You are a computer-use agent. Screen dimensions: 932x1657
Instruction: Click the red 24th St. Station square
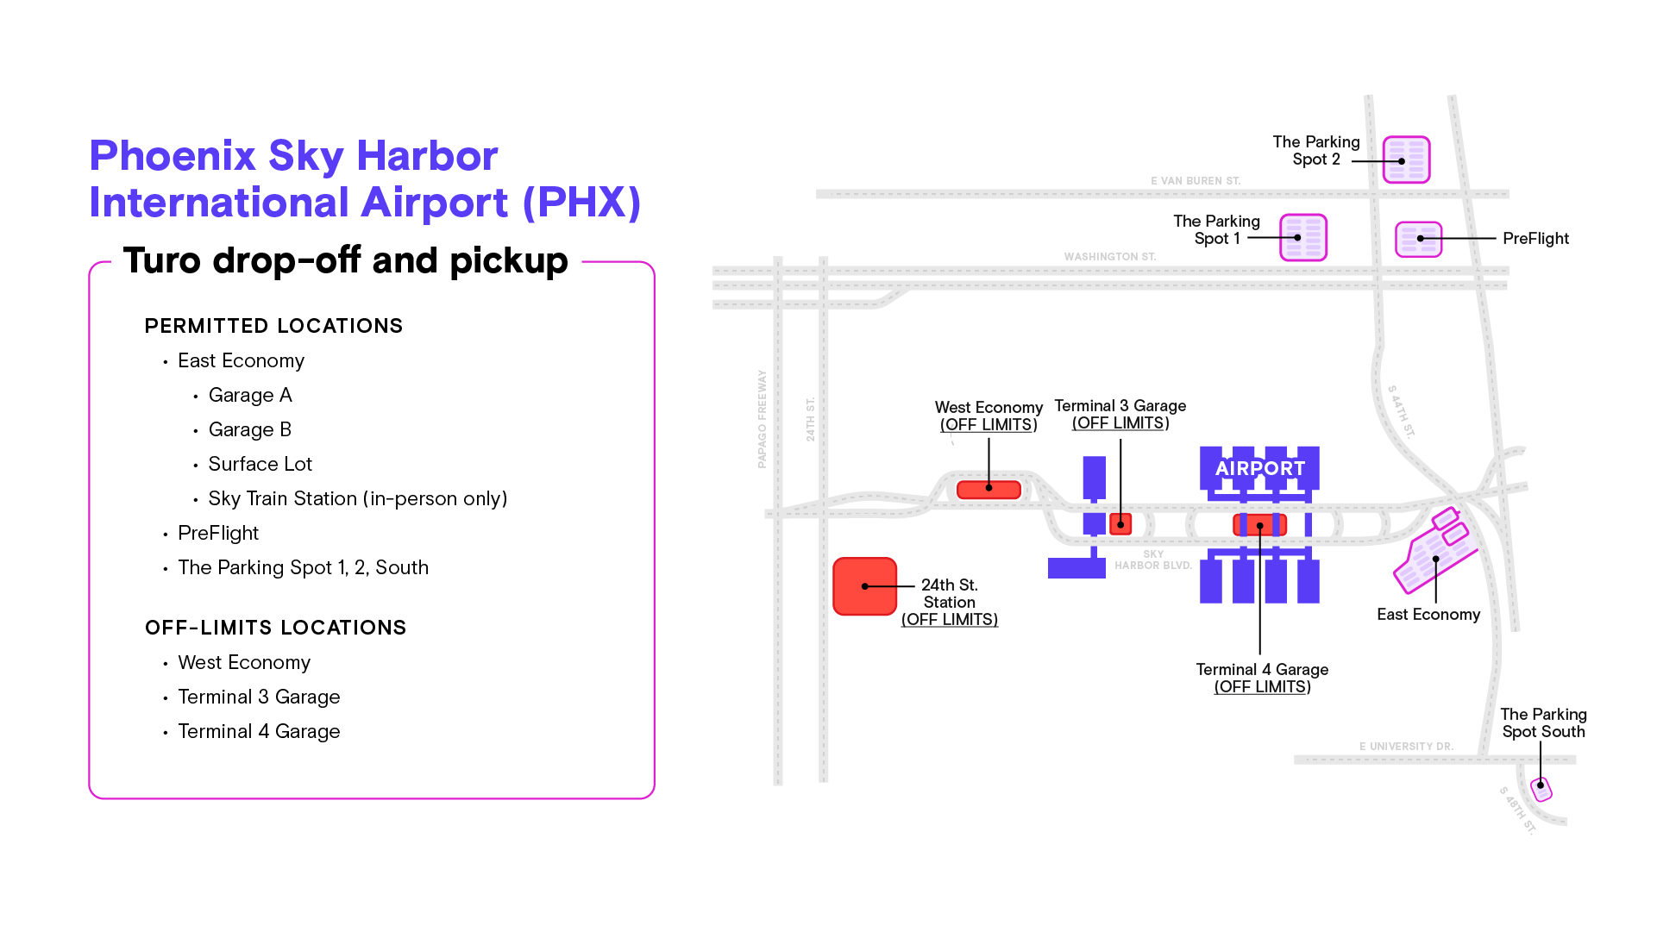pos(864,586)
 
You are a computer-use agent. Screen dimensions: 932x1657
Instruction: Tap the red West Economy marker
pos(989,490)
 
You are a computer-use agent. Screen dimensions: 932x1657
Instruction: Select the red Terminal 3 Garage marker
pos(1120,523)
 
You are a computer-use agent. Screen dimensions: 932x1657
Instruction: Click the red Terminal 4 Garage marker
pos(1259,524)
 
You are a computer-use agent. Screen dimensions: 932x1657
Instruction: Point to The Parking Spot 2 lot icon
pos(1406,160)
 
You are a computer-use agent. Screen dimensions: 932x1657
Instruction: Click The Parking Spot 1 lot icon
pos(1302,237)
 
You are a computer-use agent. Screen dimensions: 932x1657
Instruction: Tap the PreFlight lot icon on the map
pos(1418,239)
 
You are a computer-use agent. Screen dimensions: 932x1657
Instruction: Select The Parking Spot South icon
pos(1541,788)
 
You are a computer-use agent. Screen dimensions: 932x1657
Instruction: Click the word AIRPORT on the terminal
pos(1259,468)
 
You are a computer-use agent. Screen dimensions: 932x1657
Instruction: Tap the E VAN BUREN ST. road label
pos(1195,181)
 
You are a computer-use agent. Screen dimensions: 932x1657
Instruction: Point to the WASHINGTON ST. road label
pos(1109,257)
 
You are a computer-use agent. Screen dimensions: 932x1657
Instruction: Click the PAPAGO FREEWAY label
pos(762,419)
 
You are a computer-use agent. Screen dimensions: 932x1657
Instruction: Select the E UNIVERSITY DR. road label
pos(1406,747)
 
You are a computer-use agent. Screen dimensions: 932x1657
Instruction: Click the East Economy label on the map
pos(1428,615)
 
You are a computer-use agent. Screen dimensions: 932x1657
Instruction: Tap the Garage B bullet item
pos(249,429)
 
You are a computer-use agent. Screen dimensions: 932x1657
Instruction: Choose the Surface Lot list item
pos(260,464)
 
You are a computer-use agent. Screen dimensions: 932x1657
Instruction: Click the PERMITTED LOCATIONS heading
pos(273,326)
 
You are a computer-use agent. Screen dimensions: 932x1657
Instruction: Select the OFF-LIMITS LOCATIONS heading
pos(275,628)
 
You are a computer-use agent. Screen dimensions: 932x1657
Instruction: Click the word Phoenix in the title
pos(173,156)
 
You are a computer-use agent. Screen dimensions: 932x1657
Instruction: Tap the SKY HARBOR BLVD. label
pos(1152,560)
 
